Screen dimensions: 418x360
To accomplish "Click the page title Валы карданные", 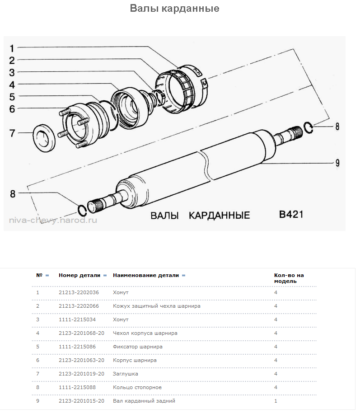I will (174, 9).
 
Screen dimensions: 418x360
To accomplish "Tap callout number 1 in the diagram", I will (12, 47).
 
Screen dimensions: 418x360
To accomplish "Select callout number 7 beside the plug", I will (12, 133).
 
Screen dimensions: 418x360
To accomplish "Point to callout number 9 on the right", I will (337, 163).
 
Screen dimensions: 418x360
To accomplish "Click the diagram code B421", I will (291, 214).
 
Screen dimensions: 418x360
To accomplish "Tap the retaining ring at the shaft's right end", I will (308, 127).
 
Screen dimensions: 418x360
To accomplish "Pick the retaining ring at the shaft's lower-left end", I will (82, 210).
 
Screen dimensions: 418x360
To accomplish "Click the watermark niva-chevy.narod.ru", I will (53, 221).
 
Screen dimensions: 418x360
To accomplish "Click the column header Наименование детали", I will (146, 275).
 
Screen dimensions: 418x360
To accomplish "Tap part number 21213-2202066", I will (79, 306).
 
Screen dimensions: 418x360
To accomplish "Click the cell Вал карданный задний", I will (144, 401).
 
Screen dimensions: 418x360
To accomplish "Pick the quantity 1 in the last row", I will (276, 401).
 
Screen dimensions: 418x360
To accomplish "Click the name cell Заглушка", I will (126, 374).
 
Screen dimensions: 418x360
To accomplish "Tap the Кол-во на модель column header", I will (289, 278).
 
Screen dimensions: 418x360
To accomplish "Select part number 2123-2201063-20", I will (81, 360).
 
